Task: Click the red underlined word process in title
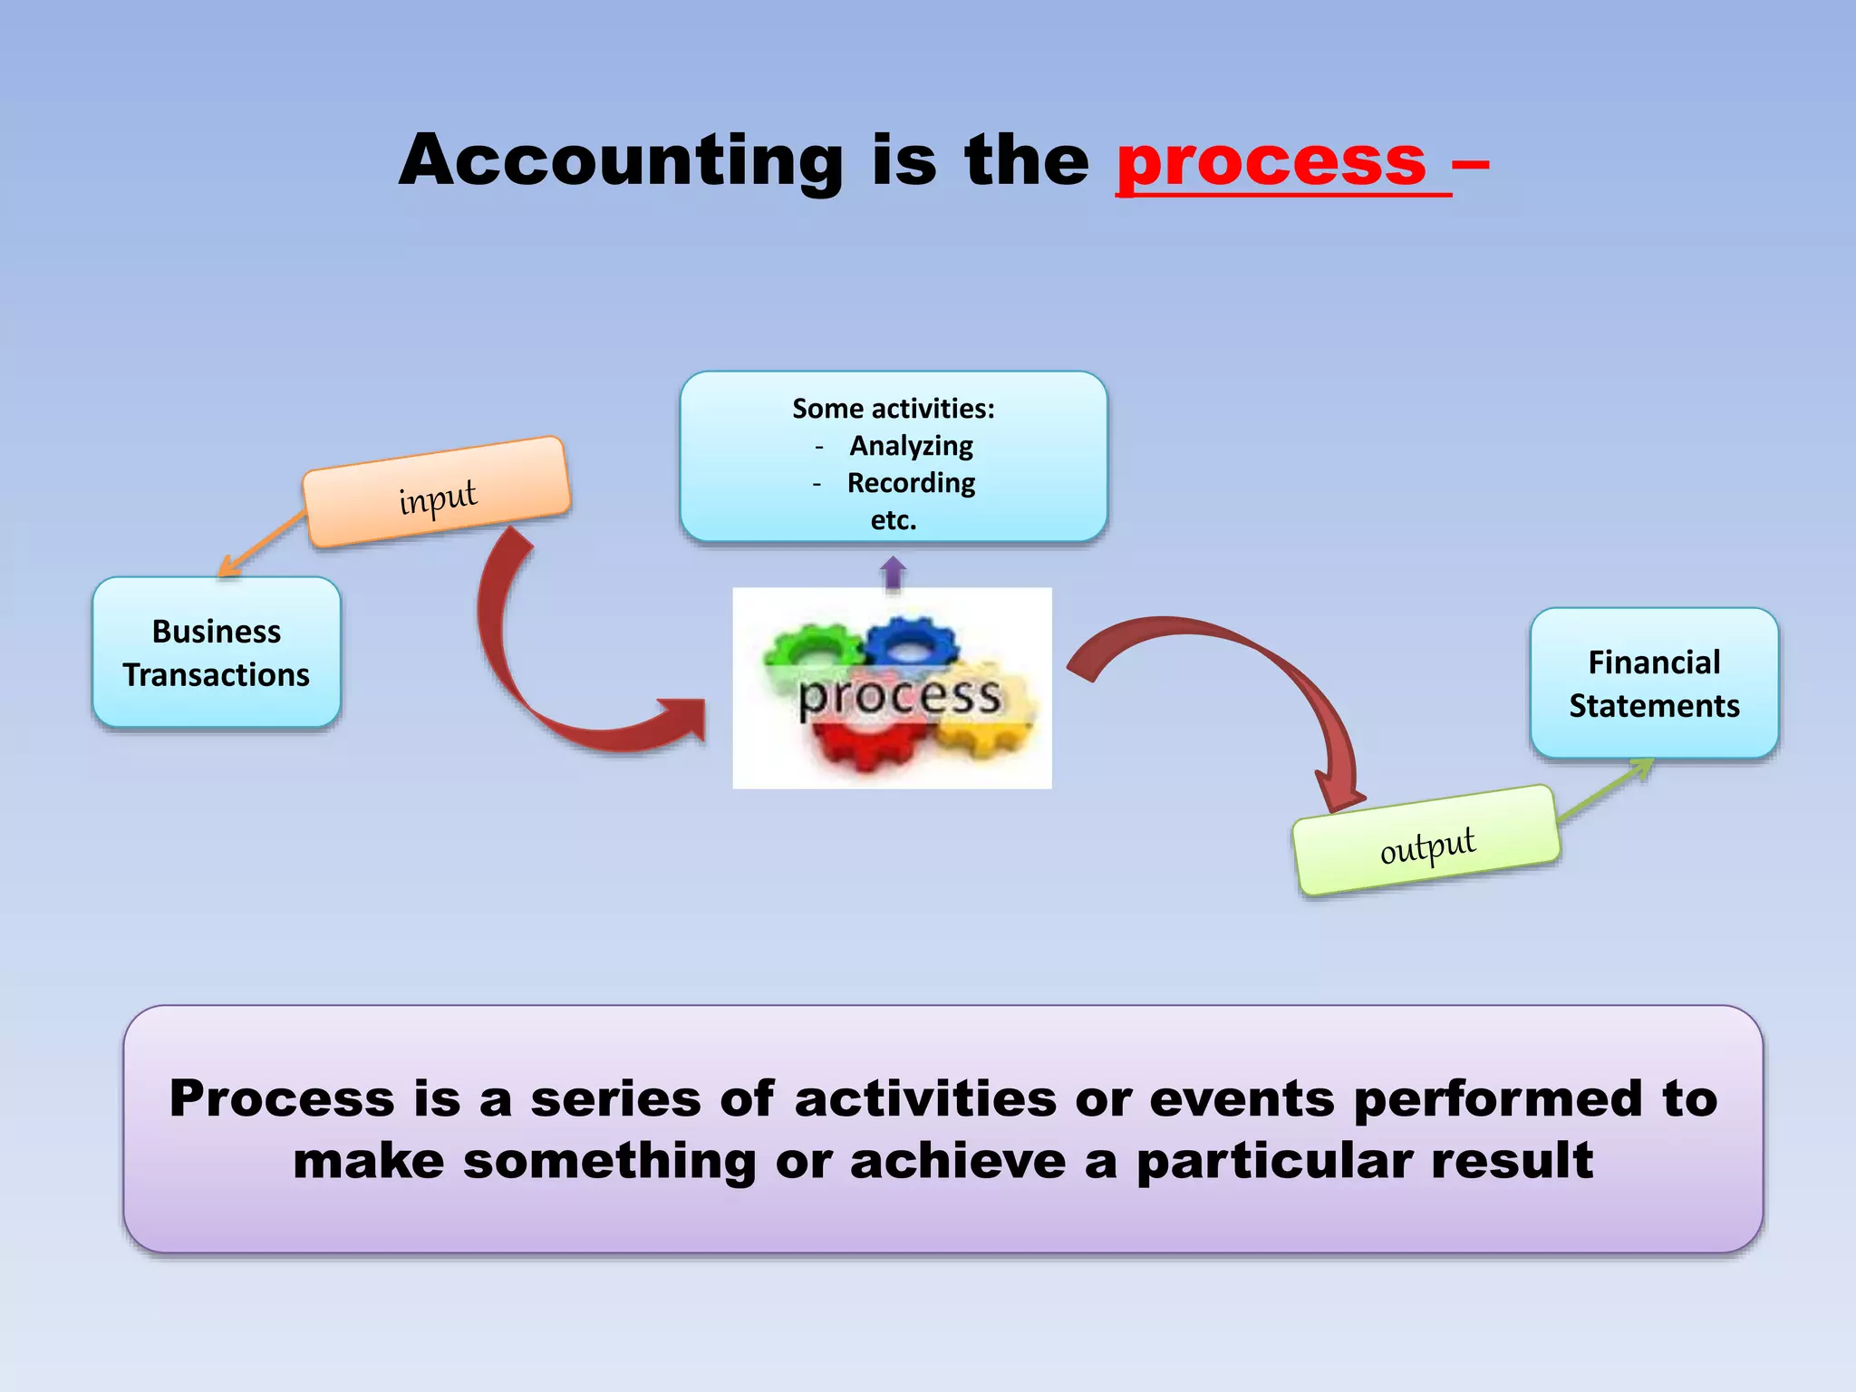click(x=1271, y=161)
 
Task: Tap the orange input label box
click(x=437, y=492)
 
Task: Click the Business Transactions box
click(x=217, y=652)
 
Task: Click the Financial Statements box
click(x=1654, y=683)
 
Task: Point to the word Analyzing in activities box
click(x=911, y=446)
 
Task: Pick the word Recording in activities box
click(x=911, y=483)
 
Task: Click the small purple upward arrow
click(x=893, y=574)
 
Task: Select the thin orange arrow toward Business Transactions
click(x=263, y=544)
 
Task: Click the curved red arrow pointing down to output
click(x=1269, y=671)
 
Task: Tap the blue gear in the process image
click(x=911, y=643)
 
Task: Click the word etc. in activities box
click(x=894, y=520)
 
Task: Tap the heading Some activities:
click(x=894, y=409)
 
